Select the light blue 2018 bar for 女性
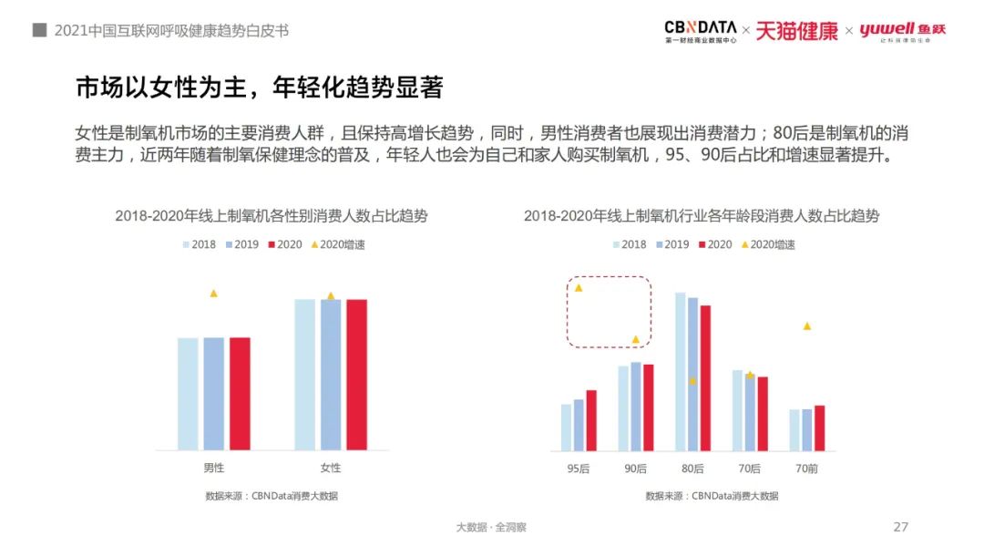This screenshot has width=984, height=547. click(304, 374)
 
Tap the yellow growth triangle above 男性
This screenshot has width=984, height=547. click(214, 294)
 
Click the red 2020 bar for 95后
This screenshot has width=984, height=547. click(591, 420)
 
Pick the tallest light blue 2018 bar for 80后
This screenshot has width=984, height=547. click(680, 371)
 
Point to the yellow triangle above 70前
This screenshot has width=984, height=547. click(806, 326)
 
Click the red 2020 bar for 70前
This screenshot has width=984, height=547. click(819, 428)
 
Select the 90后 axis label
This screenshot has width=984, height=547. click(635, 468)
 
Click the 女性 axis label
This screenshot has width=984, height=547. click(331, 468)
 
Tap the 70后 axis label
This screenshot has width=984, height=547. click(750, 468)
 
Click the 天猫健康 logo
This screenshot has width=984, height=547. click(796, 31)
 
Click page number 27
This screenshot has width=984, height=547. click(900, 527)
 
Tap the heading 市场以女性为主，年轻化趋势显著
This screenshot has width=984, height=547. click(259, 88)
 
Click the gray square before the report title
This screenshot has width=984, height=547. click(39, 30)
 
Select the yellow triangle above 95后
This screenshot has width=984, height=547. click(579, 288)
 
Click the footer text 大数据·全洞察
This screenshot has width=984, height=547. click(491, 527)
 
